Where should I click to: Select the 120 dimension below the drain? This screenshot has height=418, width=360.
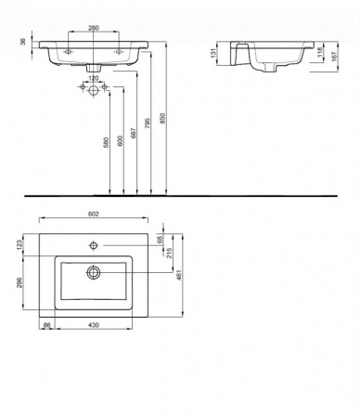point(93,79)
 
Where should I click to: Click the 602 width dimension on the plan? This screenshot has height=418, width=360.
point(93,214)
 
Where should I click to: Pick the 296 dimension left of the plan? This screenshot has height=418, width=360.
point(20,282)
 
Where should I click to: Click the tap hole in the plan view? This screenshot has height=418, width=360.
point(94,246)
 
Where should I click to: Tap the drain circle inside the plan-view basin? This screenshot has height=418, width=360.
point(93,273)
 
